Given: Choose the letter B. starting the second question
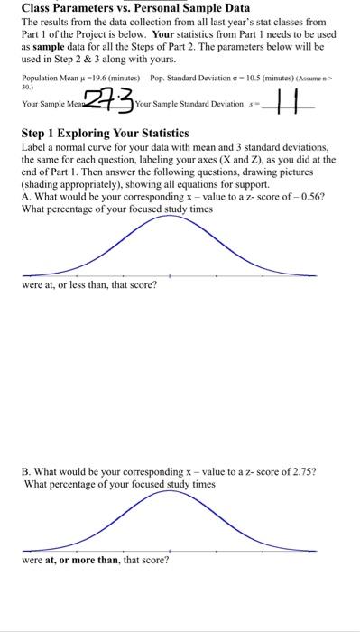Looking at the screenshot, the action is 26,472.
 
